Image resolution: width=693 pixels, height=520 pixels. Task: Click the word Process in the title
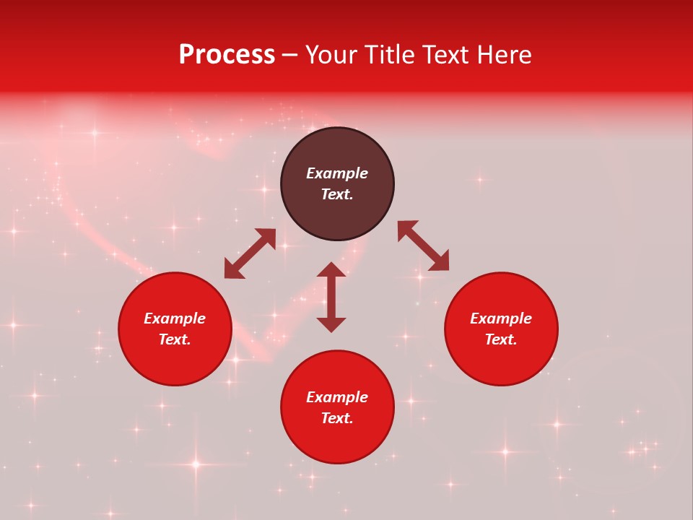click(x=227, y=55)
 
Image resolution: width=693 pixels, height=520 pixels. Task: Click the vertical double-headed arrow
click(x=331, y=297)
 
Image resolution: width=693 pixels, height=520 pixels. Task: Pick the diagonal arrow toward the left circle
click(x=250, y=253)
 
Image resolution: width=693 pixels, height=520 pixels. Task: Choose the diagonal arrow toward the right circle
click(x=423, y=246)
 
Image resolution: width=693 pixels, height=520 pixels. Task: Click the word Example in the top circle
click(x=337, y=173)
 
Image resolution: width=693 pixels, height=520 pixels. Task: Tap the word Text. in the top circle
click(x=337, y=194)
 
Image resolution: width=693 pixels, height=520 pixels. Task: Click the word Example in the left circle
click(x=175, y=318)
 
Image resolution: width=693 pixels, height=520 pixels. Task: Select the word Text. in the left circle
click(x=175, y=339)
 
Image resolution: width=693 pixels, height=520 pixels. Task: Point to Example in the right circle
click(x=501, y=318)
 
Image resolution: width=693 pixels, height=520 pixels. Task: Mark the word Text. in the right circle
click(x=501, y=339)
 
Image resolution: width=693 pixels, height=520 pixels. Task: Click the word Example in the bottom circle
click(x=337, y=397)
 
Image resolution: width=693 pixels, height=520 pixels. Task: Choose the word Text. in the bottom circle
click(x=337, y=418)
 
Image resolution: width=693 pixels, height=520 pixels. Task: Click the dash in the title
click(x=289, y=56)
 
